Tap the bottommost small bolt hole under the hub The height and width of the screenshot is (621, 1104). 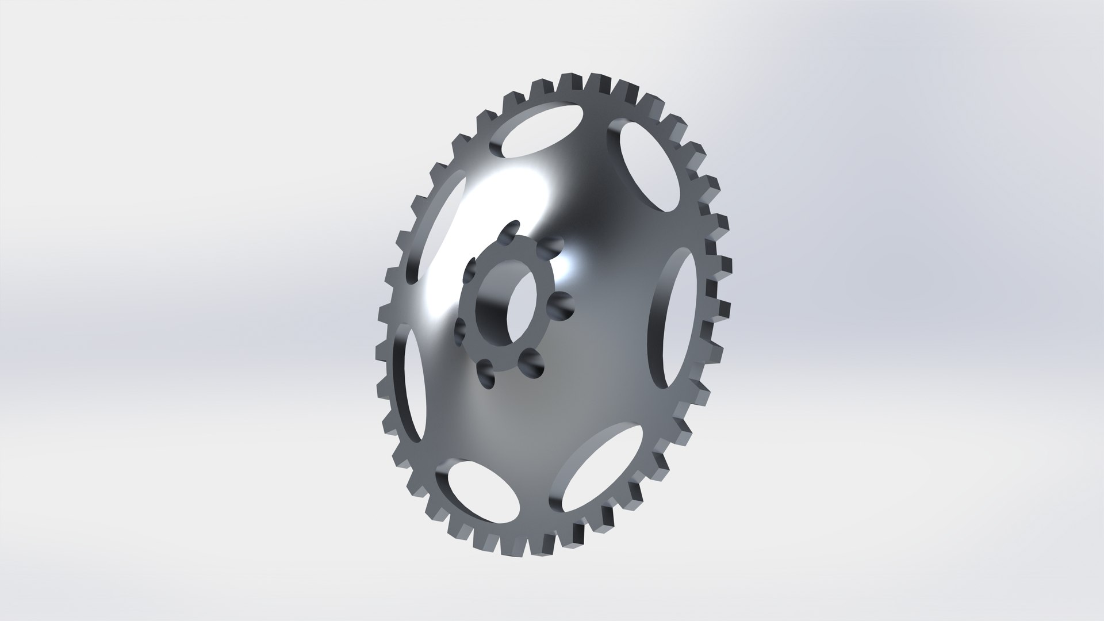488,374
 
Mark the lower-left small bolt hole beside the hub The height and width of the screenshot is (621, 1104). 461,331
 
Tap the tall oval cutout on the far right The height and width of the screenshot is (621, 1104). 673,319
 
